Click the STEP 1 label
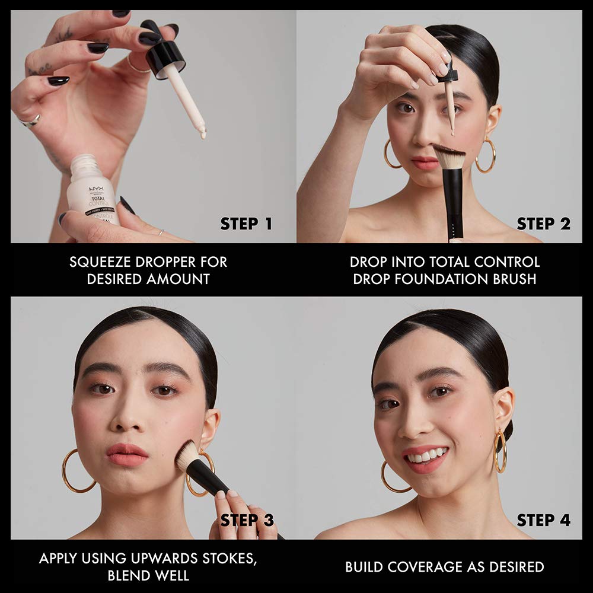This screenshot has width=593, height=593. (246, 224)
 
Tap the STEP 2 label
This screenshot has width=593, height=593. (543, 224)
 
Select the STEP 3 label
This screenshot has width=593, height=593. (247, 520)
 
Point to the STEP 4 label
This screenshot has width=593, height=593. (543, 520)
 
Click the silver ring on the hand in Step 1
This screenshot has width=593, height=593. (30, 121)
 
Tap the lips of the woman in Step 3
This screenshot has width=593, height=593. (127, 454)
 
